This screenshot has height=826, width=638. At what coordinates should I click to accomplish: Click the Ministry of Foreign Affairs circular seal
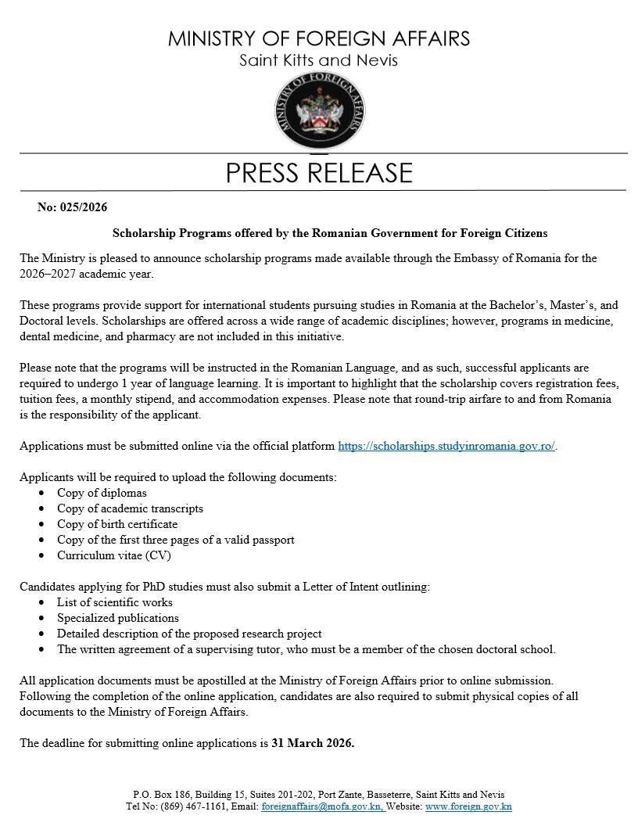[318, 113]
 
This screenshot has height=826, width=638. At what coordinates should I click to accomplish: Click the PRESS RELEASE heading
[318, 173]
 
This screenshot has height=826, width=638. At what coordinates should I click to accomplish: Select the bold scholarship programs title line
[329, 233]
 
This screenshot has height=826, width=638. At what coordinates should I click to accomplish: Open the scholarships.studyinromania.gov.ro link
[446, 446]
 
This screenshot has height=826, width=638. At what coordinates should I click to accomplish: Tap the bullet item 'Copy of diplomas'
[102, 493]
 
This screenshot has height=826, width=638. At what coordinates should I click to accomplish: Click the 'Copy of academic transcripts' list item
[130, 508]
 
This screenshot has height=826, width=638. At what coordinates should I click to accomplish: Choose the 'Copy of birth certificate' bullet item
[117, 524]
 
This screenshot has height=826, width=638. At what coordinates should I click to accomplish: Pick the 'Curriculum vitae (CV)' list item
[113, 555]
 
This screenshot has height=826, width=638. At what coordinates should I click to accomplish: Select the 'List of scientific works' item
[115, 602]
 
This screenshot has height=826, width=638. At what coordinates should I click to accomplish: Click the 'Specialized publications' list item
[118, 618]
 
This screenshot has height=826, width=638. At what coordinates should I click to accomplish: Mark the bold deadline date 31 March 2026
[313, 743]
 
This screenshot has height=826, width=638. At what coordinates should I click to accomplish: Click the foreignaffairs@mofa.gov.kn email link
[323, 806]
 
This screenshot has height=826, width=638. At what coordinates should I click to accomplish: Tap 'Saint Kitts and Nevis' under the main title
[318, 60]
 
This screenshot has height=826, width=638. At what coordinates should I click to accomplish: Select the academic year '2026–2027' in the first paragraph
[48, 274]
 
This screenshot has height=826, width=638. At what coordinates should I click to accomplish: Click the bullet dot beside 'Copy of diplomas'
[41, 494]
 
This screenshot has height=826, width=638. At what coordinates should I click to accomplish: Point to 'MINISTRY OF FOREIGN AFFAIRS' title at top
[318, 38]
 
